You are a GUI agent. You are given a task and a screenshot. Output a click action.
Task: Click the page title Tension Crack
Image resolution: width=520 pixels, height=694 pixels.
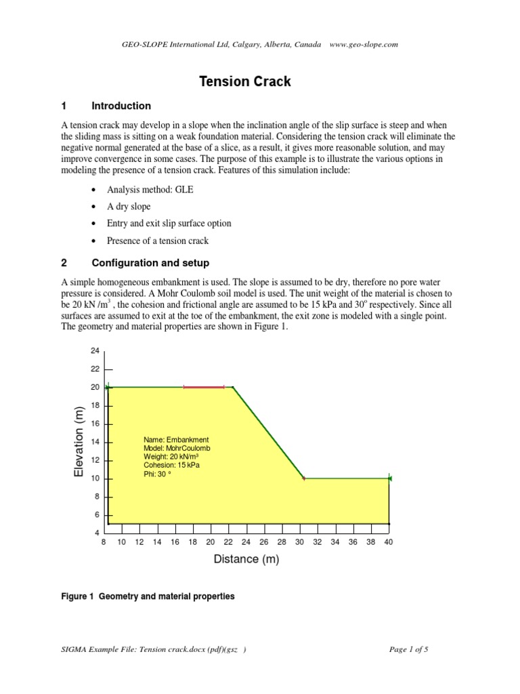tap(244, 81)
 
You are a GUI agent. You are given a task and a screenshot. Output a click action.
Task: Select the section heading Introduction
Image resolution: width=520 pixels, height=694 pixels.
tap(121, 106)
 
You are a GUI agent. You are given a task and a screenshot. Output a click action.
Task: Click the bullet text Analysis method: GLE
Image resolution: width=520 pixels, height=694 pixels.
tap(150, 190)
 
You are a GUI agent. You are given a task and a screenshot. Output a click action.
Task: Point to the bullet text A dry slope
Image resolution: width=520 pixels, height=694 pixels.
tap(129, 207)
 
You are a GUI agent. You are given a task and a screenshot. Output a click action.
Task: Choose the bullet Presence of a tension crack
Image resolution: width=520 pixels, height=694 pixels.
tap(158, 241)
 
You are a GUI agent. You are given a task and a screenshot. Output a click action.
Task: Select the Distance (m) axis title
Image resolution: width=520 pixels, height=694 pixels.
tap(246, 559)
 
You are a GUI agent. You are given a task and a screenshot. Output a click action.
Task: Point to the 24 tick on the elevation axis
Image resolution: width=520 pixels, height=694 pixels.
tap(95, 350)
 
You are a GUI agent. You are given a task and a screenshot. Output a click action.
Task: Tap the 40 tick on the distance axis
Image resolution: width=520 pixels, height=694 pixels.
tap(389, 542)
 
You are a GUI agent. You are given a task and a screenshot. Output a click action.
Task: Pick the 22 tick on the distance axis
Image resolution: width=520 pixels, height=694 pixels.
tap(228, 542)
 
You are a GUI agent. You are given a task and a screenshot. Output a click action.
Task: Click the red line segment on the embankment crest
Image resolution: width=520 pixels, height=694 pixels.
tap(204, 387)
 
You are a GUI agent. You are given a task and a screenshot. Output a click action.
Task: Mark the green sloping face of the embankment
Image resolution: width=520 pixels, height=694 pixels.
tap(269, 433)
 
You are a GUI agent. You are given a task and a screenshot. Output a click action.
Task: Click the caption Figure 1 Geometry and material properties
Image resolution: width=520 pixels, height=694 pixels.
tap(148, 596)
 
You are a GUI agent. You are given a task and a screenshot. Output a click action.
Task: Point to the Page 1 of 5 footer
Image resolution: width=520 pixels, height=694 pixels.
tap(409, 649)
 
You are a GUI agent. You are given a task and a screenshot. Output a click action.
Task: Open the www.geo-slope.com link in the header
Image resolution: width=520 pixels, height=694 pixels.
tap(364, 45)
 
